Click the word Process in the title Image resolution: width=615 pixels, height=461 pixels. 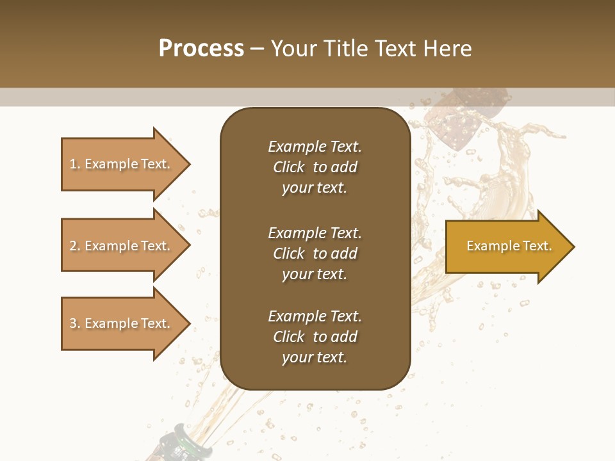(201, 48)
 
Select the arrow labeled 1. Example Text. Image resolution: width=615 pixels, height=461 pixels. (122, 164)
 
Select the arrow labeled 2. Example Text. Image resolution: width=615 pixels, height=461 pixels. (122, 246)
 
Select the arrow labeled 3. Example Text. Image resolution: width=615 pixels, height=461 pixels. (122, 323)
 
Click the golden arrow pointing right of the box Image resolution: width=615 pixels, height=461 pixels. (506, 247)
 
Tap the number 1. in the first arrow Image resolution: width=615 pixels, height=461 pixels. (74, 164)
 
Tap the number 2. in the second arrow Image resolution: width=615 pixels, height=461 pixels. (74, 246)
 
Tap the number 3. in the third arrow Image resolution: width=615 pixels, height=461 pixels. (74, 323)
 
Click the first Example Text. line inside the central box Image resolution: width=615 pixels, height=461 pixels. (315, 147)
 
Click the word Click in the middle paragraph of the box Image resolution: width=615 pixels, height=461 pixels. (288, 254)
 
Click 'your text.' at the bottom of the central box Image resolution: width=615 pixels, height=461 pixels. (315, 357)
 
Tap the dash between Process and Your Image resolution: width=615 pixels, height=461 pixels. (257, 49)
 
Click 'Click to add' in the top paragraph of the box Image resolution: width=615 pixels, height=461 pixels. (315, 167)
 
